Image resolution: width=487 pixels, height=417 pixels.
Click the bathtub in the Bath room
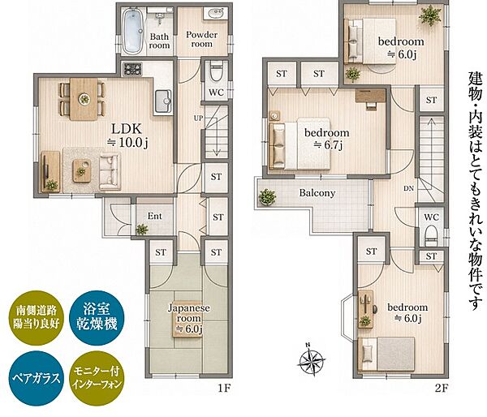133,31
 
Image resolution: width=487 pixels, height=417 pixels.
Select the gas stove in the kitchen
132,69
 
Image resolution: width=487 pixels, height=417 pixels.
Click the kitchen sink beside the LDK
163,101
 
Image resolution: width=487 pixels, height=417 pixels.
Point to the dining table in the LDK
84,99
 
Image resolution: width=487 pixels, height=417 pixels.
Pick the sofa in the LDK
110,171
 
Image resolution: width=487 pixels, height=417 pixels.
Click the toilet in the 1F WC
217,71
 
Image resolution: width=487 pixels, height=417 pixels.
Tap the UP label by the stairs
199,118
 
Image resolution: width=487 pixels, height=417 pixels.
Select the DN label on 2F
409,188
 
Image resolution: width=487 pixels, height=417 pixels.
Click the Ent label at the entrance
155,216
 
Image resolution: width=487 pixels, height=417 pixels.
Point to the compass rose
312,359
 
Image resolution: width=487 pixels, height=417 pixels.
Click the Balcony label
317,193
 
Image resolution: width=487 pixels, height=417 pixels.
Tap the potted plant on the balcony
267,197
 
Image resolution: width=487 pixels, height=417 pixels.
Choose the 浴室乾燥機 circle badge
97,318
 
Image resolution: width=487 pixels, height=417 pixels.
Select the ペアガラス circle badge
36,378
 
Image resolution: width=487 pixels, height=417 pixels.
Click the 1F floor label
224,388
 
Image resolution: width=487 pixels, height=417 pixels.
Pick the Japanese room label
189,313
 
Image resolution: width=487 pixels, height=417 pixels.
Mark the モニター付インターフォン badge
97,378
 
